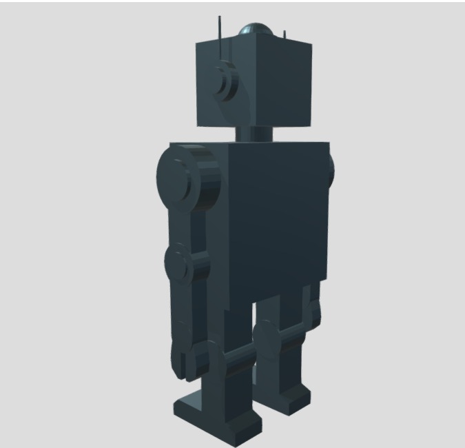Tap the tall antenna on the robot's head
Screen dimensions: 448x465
tap(220, 28)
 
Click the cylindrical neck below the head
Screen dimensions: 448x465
tap(255, 132)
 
